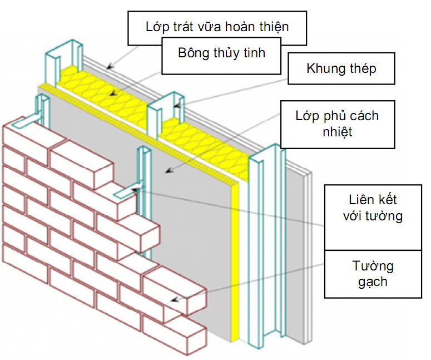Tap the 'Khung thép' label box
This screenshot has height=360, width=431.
(341, 68)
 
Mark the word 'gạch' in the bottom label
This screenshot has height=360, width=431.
(373, 281)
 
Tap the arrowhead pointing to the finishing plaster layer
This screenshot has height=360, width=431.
(109, 66)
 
